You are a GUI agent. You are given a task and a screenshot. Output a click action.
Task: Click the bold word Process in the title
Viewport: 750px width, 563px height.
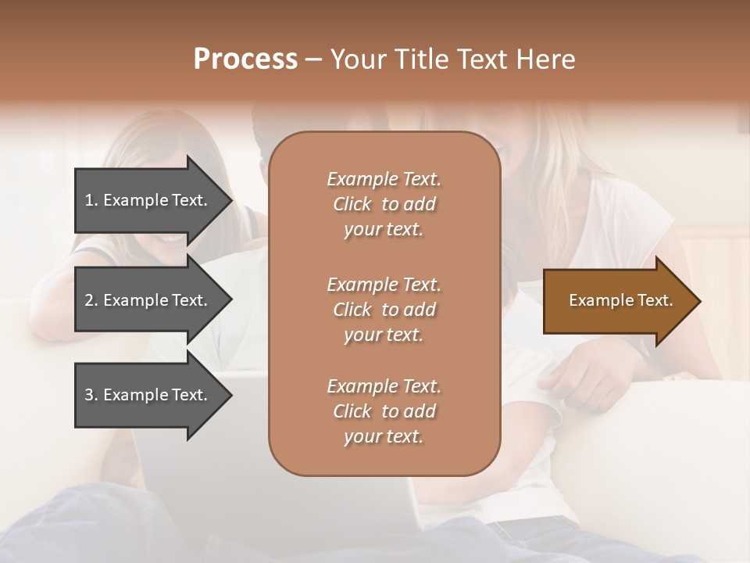tap(245, 59)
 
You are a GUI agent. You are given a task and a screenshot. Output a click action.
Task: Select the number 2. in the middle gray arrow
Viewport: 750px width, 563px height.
tap(91, 300)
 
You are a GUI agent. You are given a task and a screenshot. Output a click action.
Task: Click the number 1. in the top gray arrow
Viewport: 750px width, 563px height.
tap(91, 200)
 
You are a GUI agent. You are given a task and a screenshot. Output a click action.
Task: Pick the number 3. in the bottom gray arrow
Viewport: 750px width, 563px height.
tap(91, 395)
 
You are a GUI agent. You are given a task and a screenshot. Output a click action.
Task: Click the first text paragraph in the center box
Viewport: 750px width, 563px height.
tap(384, 204)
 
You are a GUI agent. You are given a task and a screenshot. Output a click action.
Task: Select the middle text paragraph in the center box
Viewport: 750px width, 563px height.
tap(384, 310)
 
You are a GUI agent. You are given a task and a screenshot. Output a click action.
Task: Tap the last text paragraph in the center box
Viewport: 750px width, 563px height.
tap(384, 411)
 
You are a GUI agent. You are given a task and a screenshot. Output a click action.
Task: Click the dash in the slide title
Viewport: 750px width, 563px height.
tap(314, 59)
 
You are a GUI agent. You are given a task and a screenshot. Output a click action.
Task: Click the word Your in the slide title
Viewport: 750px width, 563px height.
tap(359, 59)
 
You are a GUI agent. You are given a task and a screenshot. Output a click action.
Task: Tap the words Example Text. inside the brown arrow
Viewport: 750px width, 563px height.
tap(620, 300)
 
